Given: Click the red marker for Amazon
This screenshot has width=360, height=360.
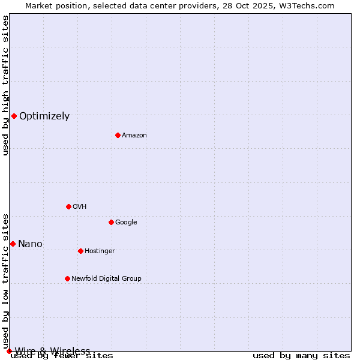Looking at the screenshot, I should pyautogui.click(x=118, y=135).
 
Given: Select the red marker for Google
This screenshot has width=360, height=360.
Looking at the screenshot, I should pyautogui.click(x=111, y=222).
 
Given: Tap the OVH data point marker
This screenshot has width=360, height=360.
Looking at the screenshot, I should pyautogui.click(x=68, y=206).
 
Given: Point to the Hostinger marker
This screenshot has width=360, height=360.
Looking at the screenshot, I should pyautogui.click(x=80, y=251).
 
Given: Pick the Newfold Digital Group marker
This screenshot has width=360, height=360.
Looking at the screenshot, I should pyautogui.click(x=67, y=278).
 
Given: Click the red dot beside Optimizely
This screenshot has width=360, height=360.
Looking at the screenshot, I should pyautogui.click(x=14, y=116).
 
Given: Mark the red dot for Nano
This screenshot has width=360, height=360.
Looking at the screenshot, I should pyautogui.click(x=13, y=244).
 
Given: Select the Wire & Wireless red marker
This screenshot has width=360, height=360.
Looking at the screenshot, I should pyautogui.click(x=9, y=351).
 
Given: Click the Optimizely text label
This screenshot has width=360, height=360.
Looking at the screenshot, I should pyautogui.click(x=44, y=116).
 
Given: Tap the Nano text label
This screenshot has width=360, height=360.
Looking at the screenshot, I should pyautogui.click(x=30, y=244).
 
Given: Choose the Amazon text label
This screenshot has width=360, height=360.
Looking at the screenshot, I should pyautogui.click(x=134, y=136).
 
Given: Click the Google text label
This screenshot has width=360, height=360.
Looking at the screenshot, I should pyautogui.click(x=126, y=223).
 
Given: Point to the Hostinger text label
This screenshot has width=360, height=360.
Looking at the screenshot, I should pyautogui.click(x=100, y=251).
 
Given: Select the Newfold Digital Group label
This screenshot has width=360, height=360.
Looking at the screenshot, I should pyautogui.click(x=106, y=279).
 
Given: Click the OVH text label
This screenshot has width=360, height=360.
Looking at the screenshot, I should pyautogui.click(x=79, y=207).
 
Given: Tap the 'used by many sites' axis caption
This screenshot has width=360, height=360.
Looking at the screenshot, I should pyautogui.click(x=301, y=356).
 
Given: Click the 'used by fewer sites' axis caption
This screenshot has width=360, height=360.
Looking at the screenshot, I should pyautogui.click(x=62, y=356).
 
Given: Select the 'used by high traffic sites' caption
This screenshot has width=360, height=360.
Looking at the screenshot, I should pyautogui.click(x=6, y=86).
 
